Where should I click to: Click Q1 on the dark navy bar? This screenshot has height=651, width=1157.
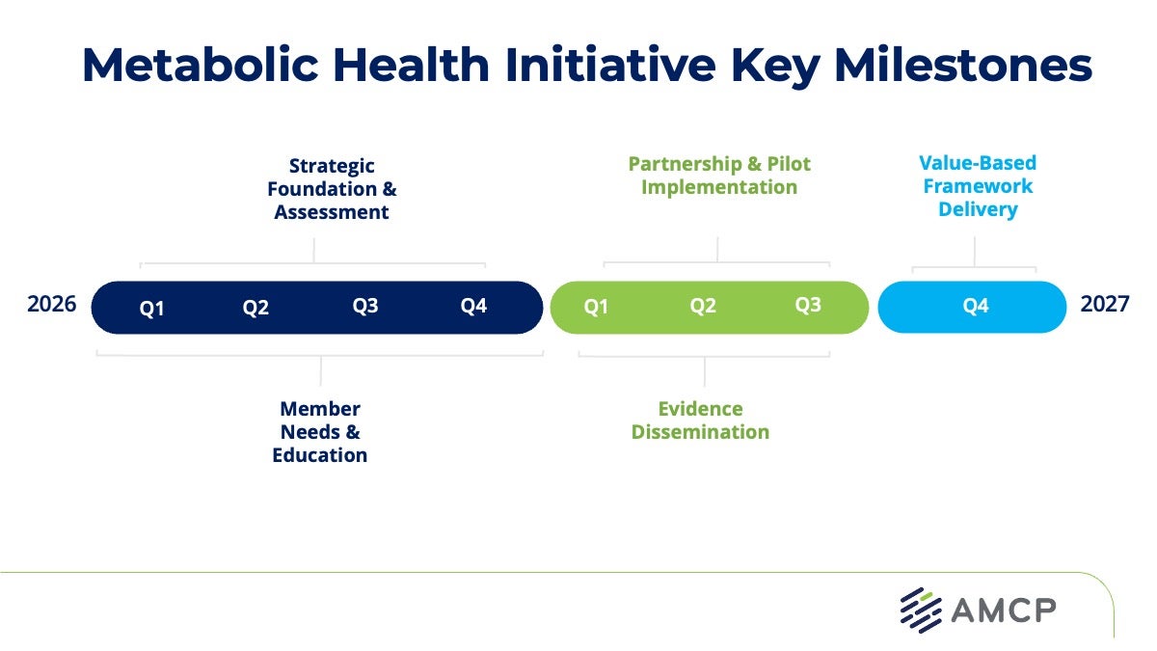[151, 309]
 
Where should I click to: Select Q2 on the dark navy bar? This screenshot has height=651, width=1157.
[256, 309]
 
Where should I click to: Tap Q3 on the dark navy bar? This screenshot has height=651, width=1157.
[365, 306]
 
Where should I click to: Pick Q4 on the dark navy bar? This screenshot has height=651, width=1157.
[473, 306]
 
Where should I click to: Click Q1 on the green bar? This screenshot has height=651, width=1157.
[597, 307]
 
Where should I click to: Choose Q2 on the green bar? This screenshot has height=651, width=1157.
[703, 306]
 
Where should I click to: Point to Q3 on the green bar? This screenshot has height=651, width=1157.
[808, 305]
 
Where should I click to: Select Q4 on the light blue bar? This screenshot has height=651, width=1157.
[976, 306]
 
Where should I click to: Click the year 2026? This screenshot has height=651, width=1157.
[51, 305]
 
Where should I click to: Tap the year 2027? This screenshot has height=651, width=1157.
[1104, 305]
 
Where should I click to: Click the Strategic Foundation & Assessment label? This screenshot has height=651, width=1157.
[332, 189]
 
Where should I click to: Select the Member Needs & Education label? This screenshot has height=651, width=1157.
[320, 432]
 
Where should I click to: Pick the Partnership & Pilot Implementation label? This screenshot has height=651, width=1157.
[719, 176]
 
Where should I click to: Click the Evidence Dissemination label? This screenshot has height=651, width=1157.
[701, 420]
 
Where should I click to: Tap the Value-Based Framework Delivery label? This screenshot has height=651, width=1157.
[978, 186]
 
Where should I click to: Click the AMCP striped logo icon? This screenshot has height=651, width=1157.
[921, 610]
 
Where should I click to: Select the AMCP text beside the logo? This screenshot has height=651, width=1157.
[1004, 610]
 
